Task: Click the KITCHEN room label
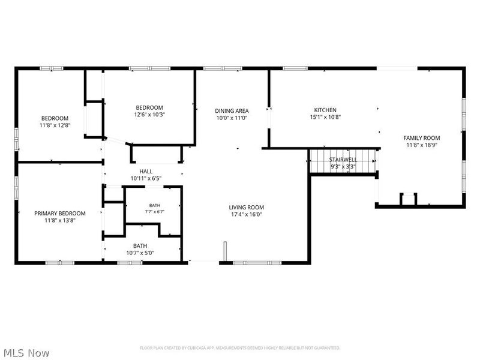coord(325,110)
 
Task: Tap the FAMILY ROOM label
coord(422,138)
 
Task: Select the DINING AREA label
coord(232,111)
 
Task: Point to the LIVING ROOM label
coord(247,208)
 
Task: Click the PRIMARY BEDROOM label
coord(59,214)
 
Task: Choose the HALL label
coord(146,172)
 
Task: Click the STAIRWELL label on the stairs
coord(343,160)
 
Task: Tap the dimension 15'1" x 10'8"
coord(325,117)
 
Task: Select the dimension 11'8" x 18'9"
coord(422,145)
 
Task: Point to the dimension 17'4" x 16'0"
coord(247,215)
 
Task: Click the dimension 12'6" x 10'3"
coord(149,115)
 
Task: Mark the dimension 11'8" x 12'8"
coord(55,125)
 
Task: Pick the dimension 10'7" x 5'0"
coord(140,253)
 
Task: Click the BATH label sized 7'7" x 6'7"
coord(155,205)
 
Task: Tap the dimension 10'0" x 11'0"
coord(232,118)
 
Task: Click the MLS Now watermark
coord(25,353)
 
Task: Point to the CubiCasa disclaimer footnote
coord(240,348)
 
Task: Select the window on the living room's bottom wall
coord(257,263)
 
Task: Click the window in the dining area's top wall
coord(223,68)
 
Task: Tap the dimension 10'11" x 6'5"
coord(146,178)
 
